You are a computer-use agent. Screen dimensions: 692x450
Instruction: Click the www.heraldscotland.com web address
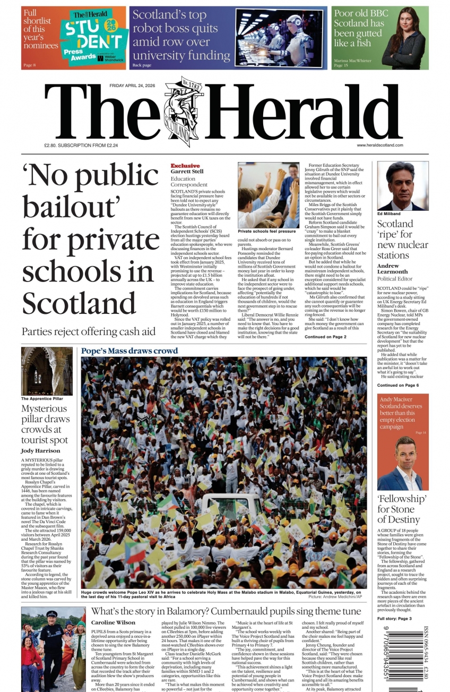(379, 145)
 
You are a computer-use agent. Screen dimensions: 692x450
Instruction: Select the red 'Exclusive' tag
(185, 166)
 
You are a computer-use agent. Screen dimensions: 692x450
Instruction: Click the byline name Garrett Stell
(187, 172)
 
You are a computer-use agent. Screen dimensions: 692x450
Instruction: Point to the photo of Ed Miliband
(402, 185)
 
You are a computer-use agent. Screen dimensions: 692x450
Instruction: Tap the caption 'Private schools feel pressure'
(267, 232)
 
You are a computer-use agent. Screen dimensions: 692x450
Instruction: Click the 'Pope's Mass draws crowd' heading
(129, 351)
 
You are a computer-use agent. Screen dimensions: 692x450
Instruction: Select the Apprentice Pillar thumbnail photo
(47, 371)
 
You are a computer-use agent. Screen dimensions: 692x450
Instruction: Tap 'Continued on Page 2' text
(325, 337)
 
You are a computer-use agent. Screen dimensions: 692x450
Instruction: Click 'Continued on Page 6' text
(398, 385)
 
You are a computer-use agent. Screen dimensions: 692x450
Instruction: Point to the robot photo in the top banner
(280, 37)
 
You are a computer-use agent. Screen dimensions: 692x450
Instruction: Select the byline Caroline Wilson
(113, 622)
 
